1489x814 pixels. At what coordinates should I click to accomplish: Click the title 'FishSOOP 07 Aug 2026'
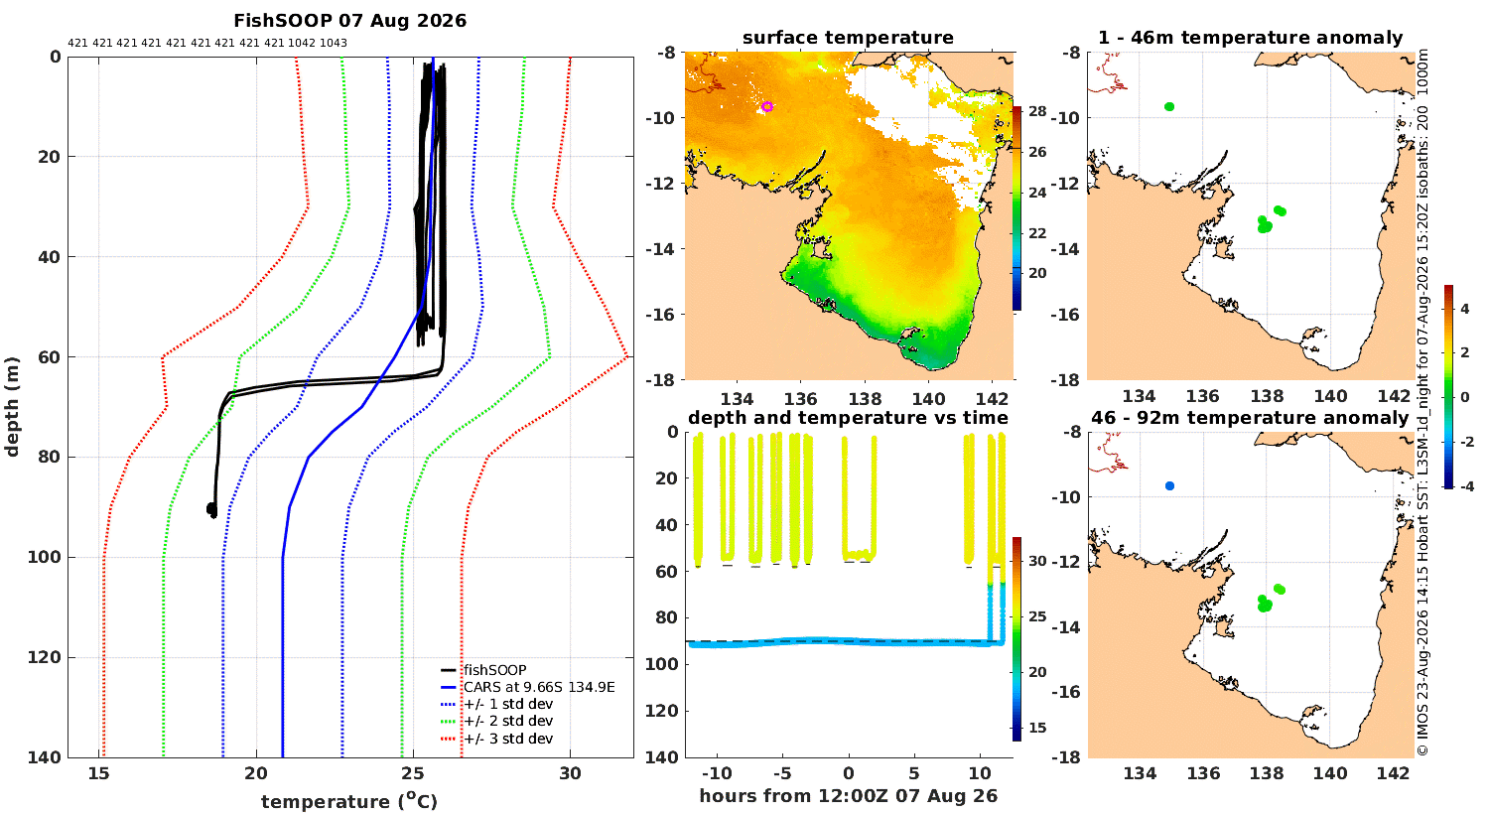click(x=349, y=21)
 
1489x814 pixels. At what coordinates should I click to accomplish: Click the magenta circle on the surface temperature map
click(x=767, y=106)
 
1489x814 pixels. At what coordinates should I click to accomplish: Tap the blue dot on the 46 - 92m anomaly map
click(x=1170, y=485)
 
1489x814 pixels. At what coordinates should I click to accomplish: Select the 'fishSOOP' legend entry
click(x=495, y=670)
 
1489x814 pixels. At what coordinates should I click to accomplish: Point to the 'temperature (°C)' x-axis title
click(x=349, y=801)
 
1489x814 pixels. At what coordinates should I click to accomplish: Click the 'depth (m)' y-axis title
click(x=11, y=407)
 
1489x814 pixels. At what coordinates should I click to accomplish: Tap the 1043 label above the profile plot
click(x=333, y=43)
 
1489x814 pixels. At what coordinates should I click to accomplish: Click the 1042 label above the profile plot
click(x=302, y=43)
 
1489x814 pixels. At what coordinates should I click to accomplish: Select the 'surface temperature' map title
click(x=848, y=37)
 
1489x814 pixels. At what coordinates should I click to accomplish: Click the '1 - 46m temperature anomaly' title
click(x=1251, y=37)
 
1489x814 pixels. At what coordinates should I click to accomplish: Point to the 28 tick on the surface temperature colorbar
click(x=1037, y=111)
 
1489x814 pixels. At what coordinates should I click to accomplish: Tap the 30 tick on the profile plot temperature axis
click(x=570, y=773)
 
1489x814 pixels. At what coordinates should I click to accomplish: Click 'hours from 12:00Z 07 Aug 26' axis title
click(x=848, y=795)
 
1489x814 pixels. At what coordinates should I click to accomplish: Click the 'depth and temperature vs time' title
click(x=848, y=417)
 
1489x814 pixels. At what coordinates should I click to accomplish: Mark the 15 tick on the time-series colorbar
click(x=1037, y=728)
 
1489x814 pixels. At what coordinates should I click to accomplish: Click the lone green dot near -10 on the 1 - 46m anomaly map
click(x=1169, y=107)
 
